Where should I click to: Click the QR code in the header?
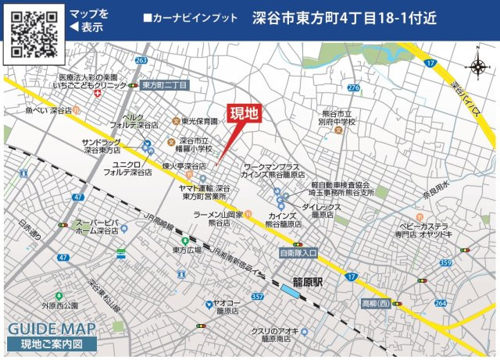34,34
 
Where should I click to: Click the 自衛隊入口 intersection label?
298,254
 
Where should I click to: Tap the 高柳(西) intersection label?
374,301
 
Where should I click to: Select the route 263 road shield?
141,60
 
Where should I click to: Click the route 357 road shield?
258,297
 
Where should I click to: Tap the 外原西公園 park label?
60,306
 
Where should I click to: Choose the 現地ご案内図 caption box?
52,344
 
